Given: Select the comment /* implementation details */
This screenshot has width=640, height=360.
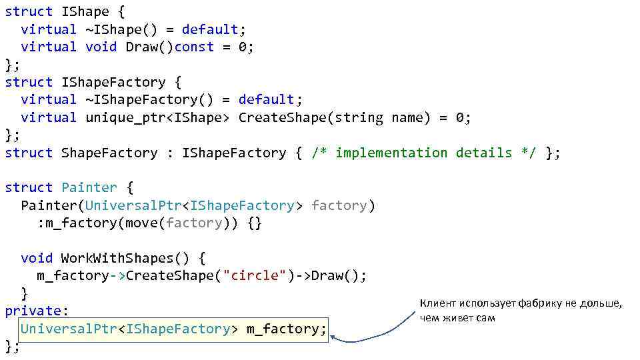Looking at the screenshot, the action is point(424,153).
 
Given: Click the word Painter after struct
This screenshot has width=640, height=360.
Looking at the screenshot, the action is point(89,188).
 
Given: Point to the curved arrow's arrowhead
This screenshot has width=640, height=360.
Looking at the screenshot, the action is point(335,339).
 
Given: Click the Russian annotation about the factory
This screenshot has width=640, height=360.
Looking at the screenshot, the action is point(520,311).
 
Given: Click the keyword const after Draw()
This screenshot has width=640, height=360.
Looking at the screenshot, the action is point(194,47).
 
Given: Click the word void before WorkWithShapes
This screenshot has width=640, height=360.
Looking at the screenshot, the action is point(37,258).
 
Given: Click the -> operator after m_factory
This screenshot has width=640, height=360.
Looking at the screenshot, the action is point(117,276).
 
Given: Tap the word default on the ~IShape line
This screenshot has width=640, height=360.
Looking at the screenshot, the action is point(210,29).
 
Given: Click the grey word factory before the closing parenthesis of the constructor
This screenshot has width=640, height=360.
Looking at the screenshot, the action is point(339,205).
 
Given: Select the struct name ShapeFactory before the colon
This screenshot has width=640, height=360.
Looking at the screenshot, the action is point(109,153).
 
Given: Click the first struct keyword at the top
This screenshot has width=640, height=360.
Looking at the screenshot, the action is point(29,11).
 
